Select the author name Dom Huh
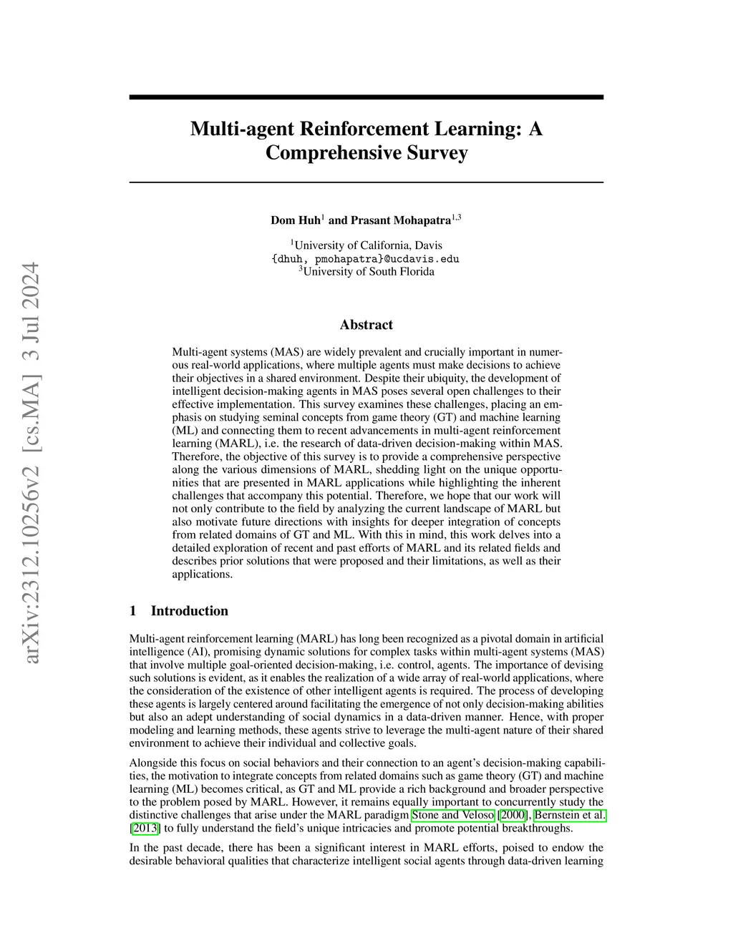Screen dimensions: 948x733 click(x=296, y=220)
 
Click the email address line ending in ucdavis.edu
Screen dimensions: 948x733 click(x=365, y=259)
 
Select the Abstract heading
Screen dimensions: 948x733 click(x=366, y=325)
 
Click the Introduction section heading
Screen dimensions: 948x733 click(x=189, y=611)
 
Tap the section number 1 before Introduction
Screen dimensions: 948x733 click(x=133, y=611)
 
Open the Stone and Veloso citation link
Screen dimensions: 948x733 click(x=452, y=816)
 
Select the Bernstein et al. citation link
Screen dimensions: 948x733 click(x=570, y=816)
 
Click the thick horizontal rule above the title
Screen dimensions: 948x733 click(x=366, y=97)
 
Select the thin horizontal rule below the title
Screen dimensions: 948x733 click(x=366, y=182)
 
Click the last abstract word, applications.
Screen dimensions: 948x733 click(x=202, y=574)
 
